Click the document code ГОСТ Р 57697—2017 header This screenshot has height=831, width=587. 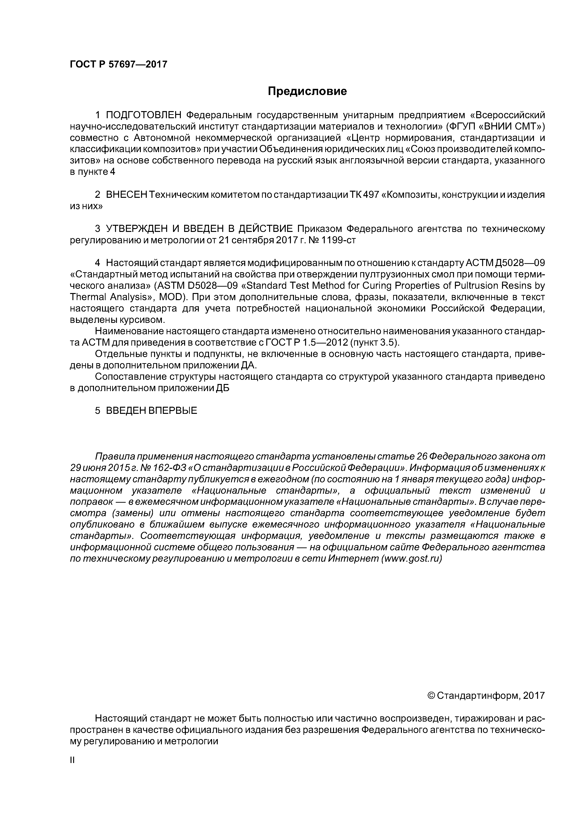coord(118,64)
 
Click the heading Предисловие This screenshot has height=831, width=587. coord(307,92)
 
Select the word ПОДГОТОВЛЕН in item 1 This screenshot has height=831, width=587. coord(143,115)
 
